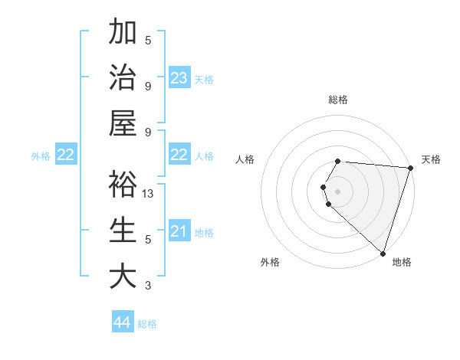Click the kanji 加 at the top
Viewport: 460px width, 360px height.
click(x=123, y=33)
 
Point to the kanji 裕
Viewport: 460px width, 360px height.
click(x=123, y=185)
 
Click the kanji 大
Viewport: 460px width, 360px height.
click(x=123, y=276)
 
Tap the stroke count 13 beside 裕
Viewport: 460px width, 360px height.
click(x=149, y=194)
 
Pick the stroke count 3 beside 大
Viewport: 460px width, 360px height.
click(x=148, y=286)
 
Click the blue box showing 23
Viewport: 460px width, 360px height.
click(x=179, y=77)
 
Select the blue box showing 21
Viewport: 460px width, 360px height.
click(x=179, y=231)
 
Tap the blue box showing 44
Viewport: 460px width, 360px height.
click(x=123, y=322)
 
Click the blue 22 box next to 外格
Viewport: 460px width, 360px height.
click(x=65, y=155)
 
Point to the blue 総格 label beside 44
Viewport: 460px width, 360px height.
click(x=147, y=324)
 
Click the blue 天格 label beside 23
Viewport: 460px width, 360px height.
click(x=204, y=79)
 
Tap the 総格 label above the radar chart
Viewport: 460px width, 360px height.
click(x=338, y=100)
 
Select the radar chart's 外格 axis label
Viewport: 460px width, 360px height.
click(x=270, y=262)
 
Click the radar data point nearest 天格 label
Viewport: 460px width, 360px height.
click(x=410, y=168)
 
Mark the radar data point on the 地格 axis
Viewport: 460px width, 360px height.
click(x=382, y=254)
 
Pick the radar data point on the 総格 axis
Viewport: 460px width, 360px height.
click(x=338, y=161)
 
